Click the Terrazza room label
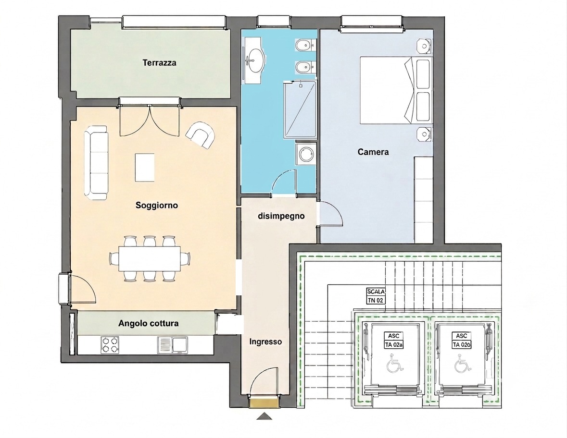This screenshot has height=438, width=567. pyautogui.click(x=160, y=63)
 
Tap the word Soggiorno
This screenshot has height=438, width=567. pyautogui.click(x=157, y=206)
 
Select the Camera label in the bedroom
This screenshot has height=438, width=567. pyautogui.click(x=373, y=152)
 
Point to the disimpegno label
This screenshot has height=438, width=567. pyautogui.click(x=281, y=216)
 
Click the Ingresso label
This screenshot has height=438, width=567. pyautogui.click(x=265, y=341)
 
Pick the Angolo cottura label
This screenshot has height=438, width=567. pyautogui.click(x=148, y=323)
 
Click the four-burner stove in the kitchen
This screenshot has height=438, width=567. pyautogui.click(x=110, y=344)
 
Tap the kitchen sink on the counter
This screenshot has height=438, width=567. pyautogui.click(x=173, y=345)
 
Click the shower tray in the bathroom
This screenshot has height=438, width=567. pyautogui.click(x=300, y=109)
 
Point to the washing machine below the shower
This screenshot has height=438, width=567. pyautogui.click(x=306, y=154)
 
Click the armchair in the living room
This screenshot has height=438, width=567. pyautogui.click(x=201, y=134)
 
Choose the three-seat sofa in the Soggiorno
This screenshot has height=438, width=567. pyautogui.click(x=96, y=162)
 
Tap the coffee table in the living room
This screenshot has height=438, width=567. pyautogui.click(x=145, y=167)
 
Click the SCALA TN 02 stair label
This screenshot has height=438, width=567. pyautogui.click(x=375, y=296)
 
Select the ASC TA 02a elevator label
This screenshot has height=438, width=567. pyautogui.click(x=394, y=340)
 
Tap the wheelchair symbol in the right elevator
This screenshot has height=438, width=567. pyautogui.click(x=463, y=363)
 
